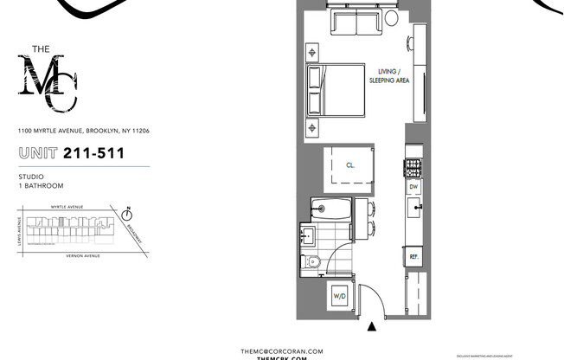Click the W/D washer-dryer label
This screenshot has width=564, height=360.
(339, 297)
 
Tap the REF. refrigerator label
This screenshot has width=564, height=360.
(414, 257)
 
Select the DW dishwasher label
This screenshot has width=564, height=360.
(414, 186)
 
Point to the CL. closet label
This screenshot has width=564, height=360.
(350, 164)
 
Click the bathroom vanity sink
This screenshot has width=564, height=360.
(310, 234)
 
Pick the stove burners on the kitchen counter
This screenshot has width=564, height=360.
(413, 164)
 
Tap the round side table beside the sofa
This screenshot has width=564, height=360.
(392, 18)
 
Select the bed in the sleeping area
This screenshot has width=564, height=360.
(339, 90)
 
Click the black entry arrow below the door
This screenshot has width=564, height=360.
(372, 327)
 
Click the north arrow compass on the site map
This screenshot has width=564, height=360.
(127, 212)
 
